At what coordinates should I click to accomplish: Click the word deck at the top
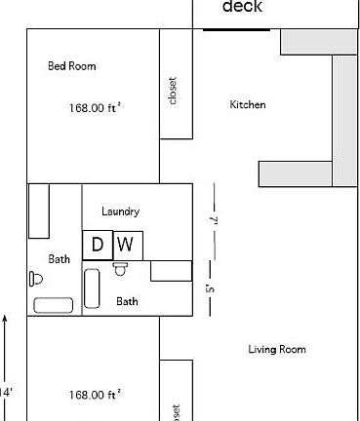point(243,8)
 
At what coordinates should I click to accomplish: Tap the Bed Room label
point(71,66)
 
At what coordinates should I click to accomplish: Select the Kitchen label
point(248,105)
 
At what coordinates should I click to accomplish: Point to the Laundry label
point(120,211)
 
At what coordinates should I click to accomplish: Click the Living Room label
point(277,349)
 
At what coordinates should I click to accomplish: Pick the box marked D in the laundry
point(97,245)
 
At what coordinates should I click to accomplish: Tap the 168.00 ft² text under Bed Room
point(94,108)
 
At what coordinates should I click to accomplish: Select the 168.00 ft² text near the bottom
point(94,395)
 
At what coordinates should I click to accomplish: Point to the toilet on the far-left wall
point(37,278)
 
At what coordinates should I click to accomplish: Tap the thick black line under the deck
point(236,29)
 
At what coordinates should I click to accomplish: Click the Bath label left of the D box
point(60,259)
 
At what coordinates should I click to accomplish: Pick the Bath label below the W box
point(127,301)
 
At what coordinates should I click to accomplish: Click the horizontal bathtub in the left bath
point(53,305)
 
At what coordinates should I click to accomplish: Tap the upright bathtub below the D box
point(93,289)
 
